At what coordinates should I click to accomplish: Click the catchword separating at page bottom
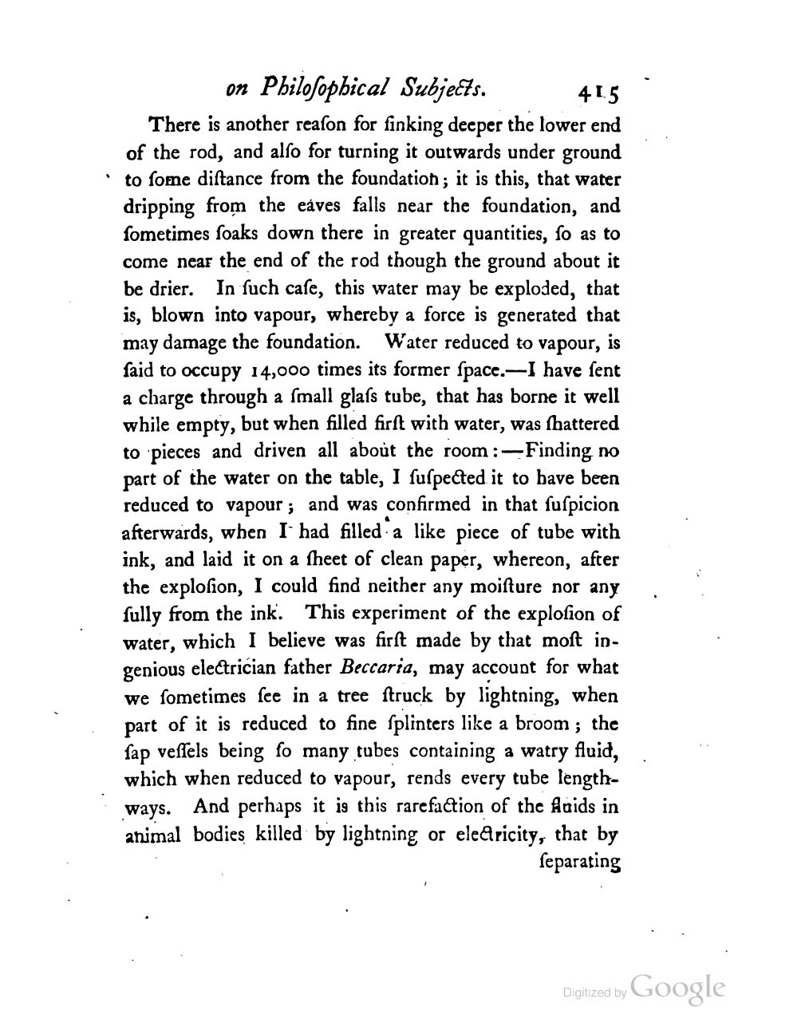(581, 863)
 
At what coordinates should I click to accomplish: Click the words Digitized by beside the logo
(594, 993)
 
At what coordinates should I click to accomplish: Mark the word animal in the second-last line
(152, 835)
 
